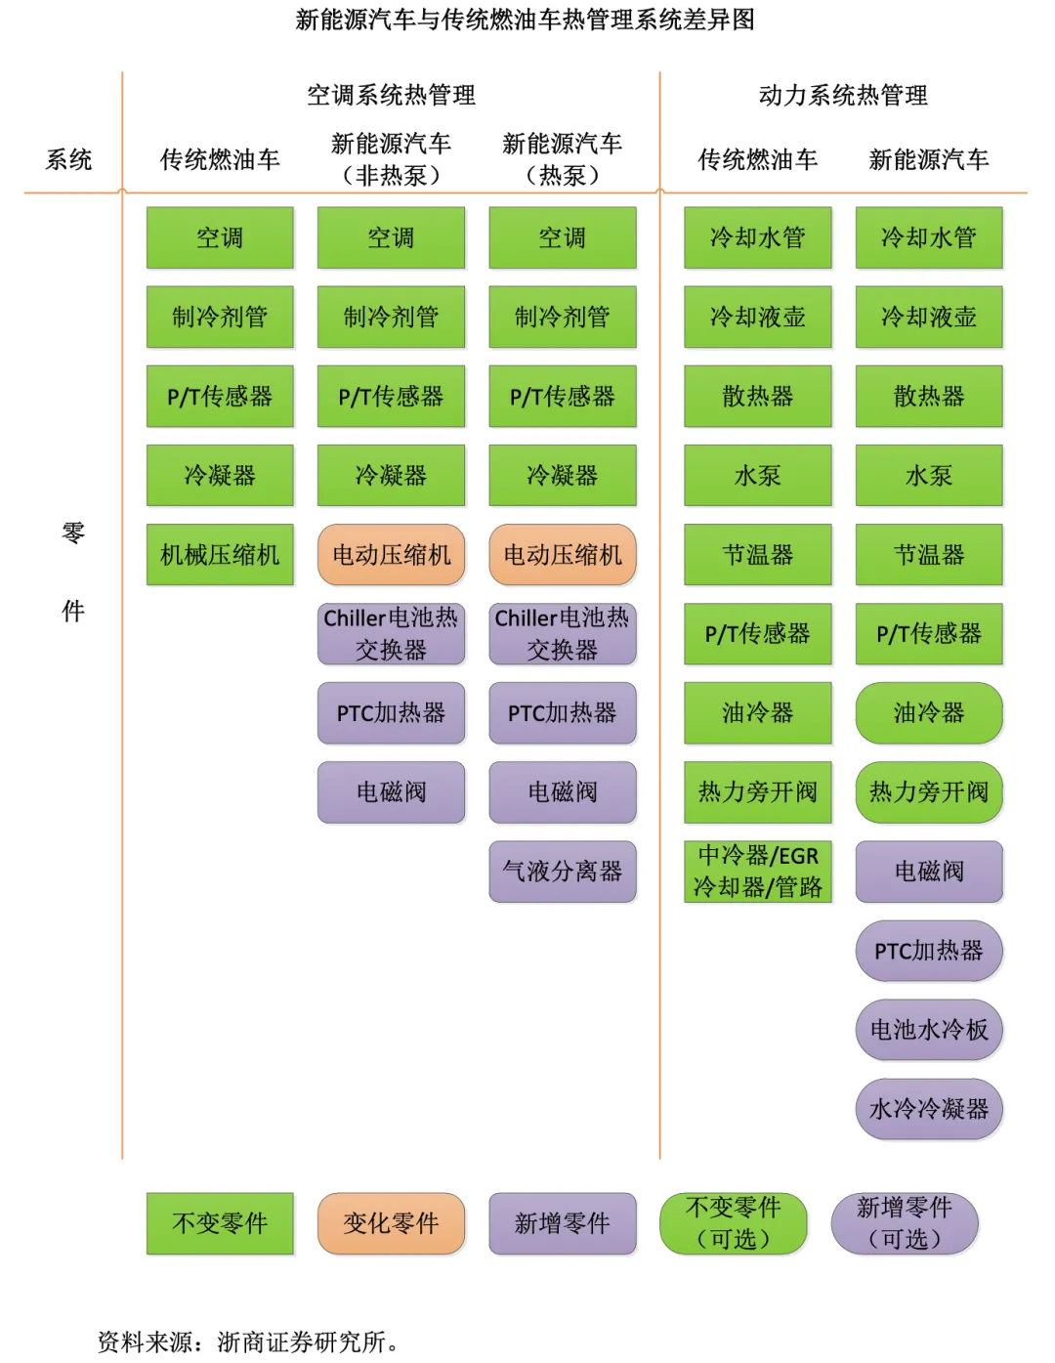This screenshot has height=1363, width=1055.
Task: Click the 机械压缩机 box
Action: (x=220, y=555)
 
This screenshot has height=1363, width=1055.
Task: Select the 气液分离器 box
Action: (x=563, y=872)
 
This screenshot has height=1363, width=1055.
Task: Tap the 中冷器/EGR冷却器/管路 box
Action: (x=758, y=872)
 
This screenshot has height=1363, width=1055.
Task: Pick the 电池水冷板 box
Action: (x=929, y=1030)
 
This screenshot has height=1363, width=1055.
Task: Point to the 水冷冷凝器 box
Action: (x=929, y=1109)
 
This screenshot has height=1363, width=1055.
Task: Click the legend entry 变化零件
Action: (x=391, y=1223)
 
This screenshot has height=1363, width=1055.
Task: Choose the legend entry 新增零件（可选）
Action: (x=905, y=1223)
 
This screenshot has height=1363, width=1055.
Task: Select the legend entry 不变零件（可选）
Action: (x=734, y=1223)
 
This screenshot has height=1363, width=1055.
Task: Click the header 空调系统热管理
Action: (x=391, y=95)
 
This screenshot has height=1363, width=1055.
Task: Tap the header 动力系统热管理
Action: (x=843, y=95)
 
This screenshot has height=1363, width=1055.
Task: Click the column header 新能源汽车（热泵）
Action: (x=563, y=159)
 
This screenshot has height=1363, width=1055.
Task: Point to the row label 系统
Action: (x=68, y=159)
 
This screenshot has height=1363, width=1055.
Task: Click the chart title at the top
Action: (x=526, y=20)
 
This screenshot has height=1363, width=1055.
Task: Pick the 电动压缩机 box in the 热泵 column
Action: (x=563, y=555)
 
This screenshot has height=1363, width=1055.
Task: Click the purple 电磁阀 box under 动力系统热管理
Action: (x=929, y=872)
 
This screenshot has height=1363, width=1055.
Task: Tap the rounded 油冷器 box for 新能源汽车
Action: (x=929, y=713)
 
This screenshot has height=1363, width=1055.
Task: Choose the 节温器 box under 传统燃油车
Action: (x=758, y=555)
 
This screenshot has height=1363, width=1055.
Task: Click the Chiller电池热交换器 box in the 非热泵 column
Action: (x=391, y=634)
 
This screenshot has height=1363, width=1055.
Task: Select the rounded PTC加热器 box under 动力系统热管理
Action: (x=929, y=951)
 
